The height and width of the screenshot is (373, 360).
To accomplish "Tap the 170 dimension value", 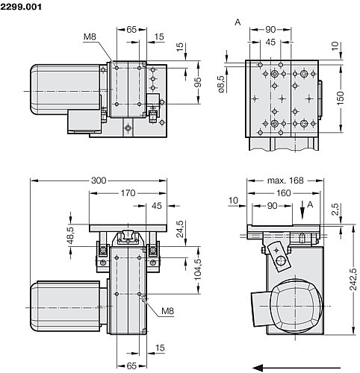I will [128, 192].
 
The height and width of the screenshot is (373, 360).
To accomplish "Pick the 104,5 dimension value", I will [198, 267].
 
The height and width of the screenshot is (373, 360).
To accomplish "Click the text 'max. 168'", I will [285, 180].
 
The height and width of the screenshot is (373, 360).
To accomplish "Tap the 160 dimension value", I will [282, 192].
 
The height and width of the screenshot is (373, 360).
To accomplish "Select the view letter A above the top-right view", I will [238, 23].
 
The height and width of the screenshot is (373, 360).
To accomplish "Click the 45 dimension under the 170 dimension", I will [156, 205].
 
